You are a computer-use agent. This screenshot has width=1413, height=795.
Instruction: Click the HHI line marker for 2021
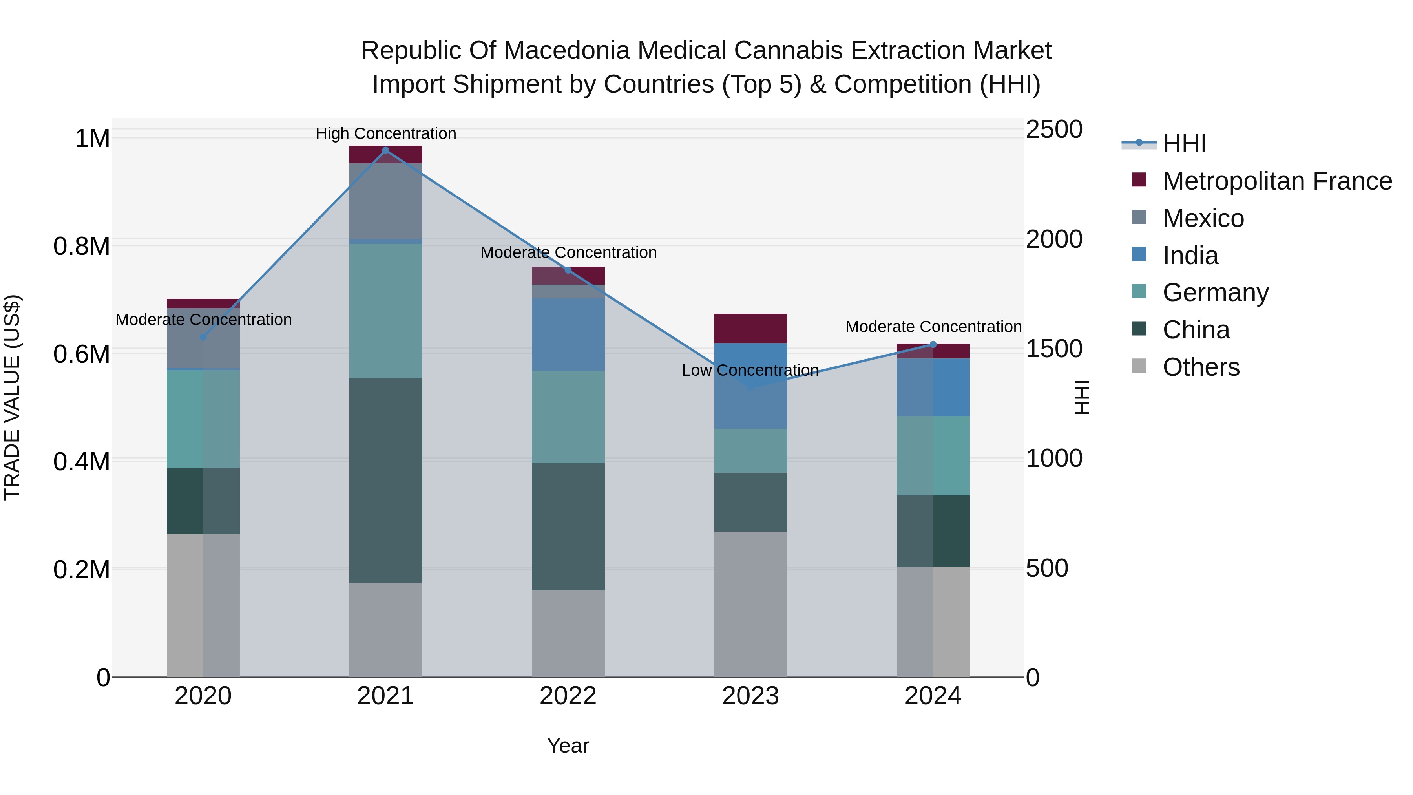pyautogui.click(x=385, y=150)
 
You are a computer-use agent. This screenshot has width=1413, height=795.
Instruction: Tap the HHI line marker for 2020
pyautogui.click(x=203, y=337)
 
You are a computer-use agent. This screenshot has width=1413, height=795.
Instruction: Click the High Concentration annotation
pyautogui.click(x=385, y=133)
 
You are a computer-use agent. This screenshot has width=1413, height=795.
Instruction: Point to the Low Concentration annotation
pyautogui.click(x=750, y=370)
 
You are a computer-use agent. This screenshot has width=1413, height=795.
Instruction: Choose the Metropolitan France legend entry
pyautogui.click(x=1277, y=181)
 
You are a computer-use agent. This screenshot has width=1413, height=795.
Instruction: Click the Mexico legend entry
pyautogui.click(x=1203, y=218)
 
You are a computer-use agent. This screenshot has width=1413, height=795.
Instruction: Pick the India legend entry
pyautogui.click(x=1190, y=256)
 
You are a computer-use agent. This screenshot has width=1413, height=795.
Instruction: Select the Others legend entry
pyautogui.click(x=1201, y=367)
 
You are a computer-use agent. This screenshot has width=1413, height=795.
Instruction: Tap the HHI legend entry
pyautogui.click(x=1184, y=144)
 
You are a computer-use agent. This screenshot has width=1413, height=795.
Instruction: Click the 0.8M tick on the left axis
pyautogui.click(x=82, y=246)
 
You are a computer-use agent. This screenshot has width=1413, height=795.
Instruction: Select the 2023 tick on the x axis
pyautogui.click(x=750, y=696)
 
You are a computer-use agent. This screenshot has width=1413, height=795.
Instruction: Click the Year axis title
pyautogui.click(x=568, y=746)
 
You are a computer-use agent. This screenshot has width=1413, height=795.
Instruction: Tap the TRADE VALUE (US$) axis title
pyautogui.click(x=12, y=397)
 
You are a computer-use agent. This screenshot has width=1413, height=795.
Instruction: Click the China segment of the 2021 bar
pyautogui.click(x=385, y=480)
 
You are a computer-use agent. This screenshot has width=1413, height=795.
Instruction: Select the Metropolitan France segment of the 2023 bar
pyautogui.click(x=750, y=328)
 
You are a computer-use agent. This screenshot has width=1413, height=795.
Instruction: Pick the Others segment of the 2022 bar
pyautogui.click(x=568, y=633)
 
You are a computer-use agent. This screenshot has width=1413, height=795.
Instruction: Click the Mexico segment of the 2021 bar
pyautogui.click(x=385, y=201)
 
